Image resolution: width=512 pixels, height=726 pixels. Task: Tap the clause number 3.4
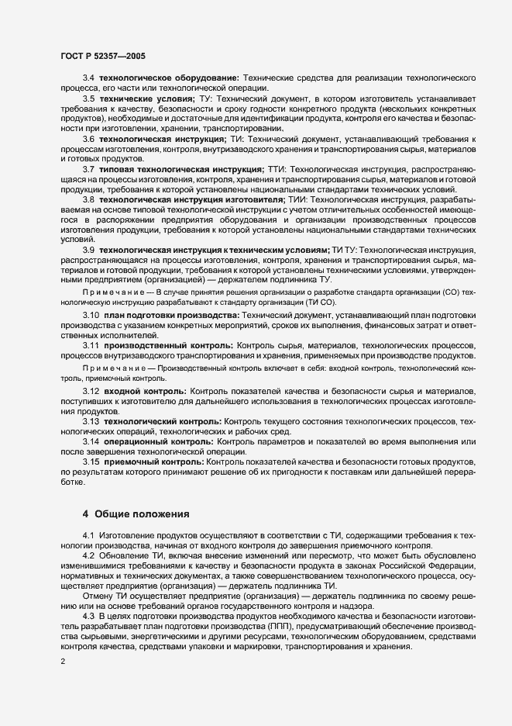point(88,78)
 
